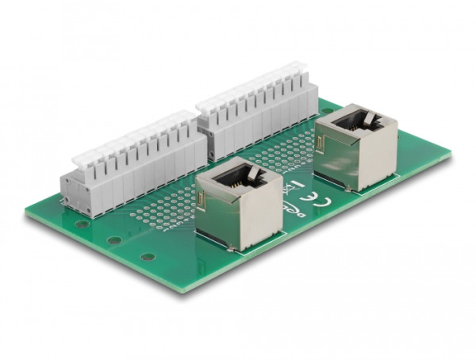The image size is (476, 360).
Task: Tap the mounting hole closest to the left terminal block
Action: (x=83, y=224)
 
